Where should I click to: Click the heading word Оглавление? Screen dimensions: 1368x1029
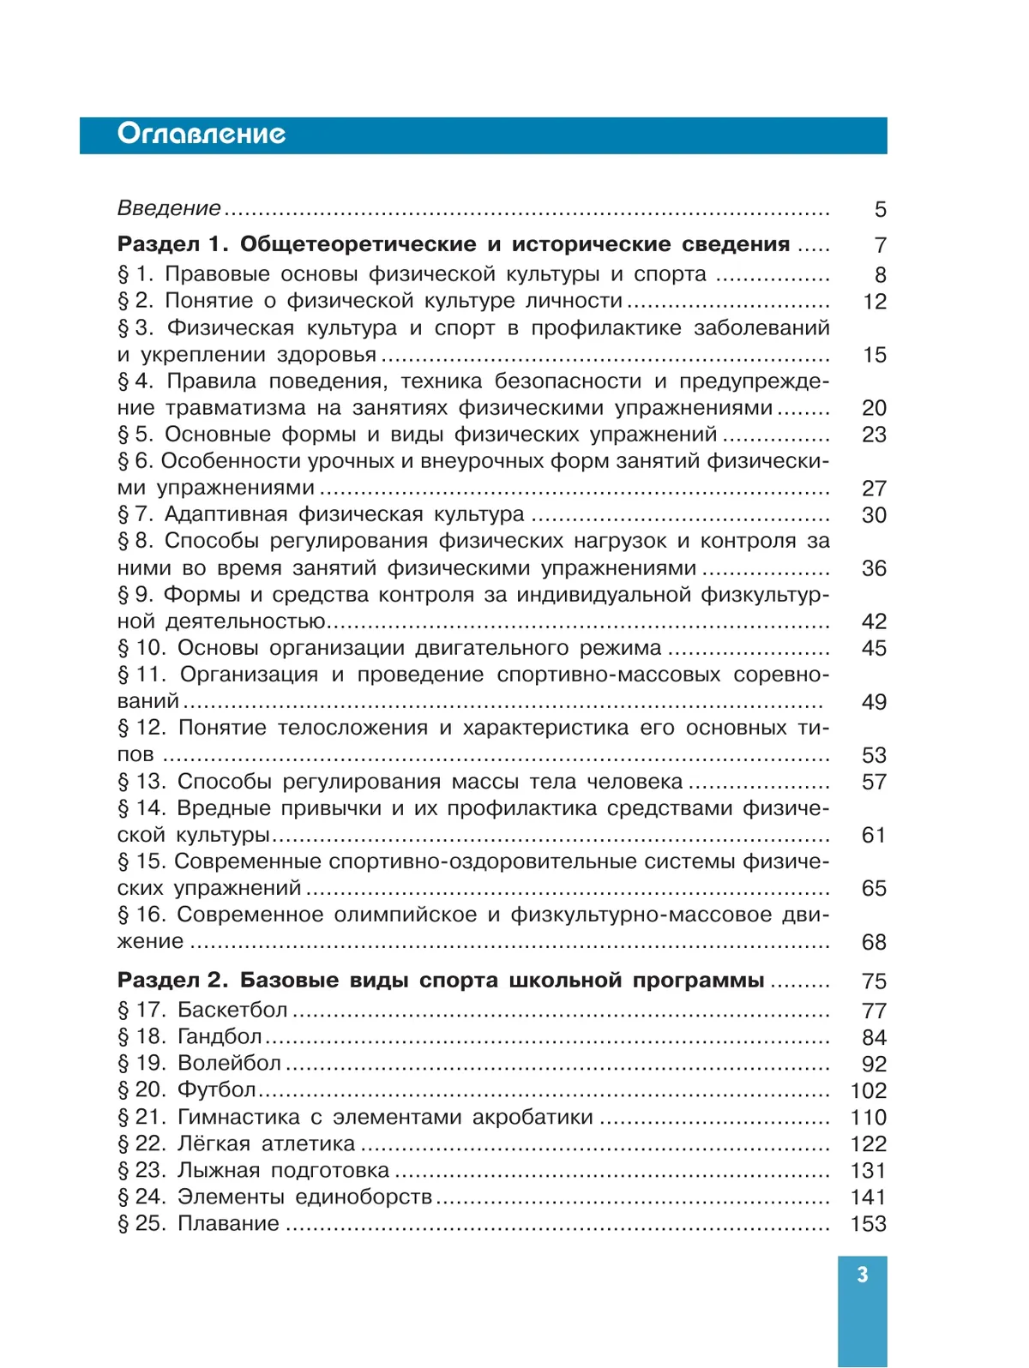tap(202, 134)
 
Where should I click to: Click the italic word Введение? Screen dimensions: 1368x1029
tap(169, 208)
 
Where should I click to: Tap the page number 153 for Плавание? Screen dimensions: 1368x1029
tap(868, 1224)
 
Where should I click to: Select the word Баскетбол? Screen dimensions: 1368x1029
tap(232, 1010)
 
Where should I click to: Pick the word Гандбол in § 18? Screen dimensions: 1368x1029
tap(220, 1037)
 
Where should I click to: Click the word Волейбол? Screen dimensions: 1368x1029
tap(229, 1064)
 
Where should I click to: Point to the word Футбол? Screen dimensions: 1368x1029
tap(217, 1090)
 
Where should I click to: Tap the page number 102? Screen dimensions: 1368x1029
tap(868, 1091)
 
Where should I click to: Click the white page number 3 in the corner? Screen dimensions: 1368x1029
tap(863, 1275)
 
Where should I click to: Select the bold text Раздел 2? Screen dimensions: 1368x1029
tap(172, 981)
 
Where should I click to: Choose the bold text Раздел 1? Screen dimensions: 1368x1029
tap(172, 244)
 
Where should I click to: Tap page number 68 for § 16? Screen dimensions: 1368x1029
tap(874, 942)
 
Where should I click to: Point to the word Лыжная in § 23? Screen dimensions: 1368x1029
tap(218, 1171)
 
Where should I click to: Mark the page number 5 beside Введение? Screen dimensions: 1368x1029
tap(880, 209)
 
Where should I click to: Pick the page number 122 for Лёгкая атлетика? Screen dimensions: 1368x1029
tap(868, 1144)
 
